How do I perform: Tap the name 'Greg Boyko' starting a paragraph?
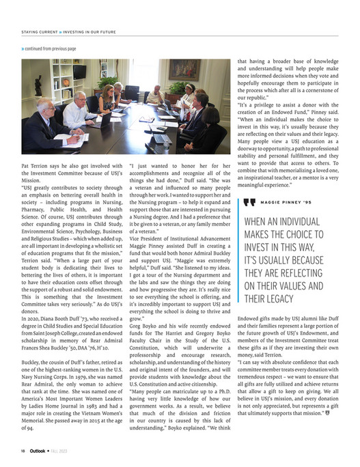pyautogui.click(x=144, y=326)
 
